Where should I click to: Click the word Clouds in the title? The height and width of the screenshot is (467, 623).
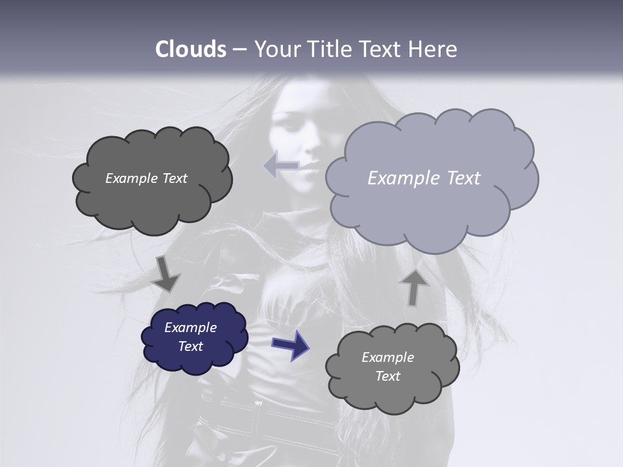coord(190,49)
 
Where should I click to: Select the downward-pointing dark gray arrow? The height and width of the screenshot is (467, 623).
coord(166,274)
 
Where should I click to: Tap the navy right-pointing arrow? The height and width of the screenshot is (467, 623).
coord(290,344)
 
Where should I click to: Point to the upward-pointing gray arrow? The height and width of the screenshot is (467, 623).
coord(413,287)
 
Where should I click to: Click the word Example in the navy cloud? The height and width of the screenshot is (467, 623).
coord(190,328)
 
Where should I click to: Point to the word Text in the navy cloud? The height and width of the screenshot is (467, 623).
coord(190,346)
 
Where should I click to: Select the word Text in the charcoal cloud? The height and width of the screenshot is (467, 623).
coord(174,178)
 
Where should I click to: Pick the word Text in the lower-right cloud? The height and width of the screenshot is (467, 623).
coord(387,376)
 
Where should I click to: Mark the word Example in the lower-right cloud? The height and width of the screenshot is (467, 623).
coord(387,357)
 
